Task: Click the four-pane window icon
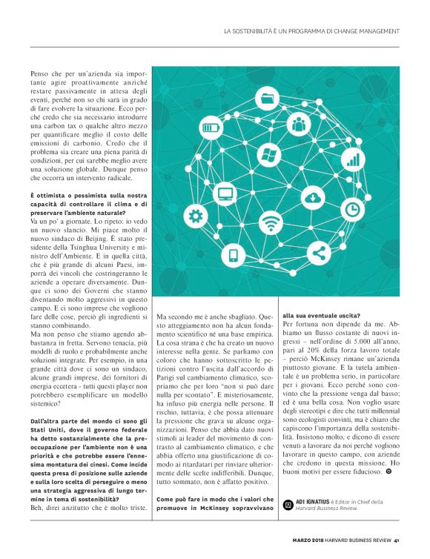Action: tap(268, 156)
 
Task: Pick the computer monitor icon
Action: tap(225, 194)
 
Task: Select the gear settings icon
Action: tap(196, 216)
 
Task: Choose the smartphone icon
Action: tap(234, 256)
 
